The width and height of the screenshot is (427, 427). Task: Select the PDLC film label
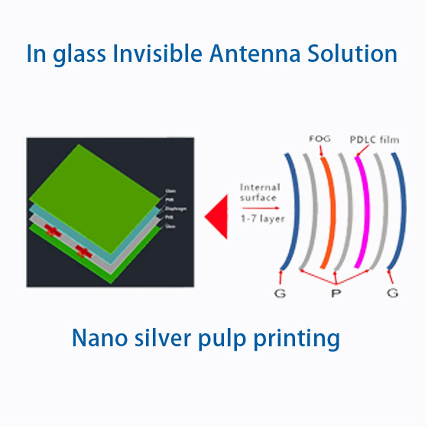click(x=374, y=139)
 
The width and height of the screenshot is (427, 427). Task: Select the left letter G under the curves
click(x=280, y=294)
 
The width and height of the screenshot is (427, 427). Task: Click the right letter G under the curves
click(x=392, y=294)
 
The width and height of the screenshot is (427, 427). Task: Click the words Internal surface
click(x=259, y=192)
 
